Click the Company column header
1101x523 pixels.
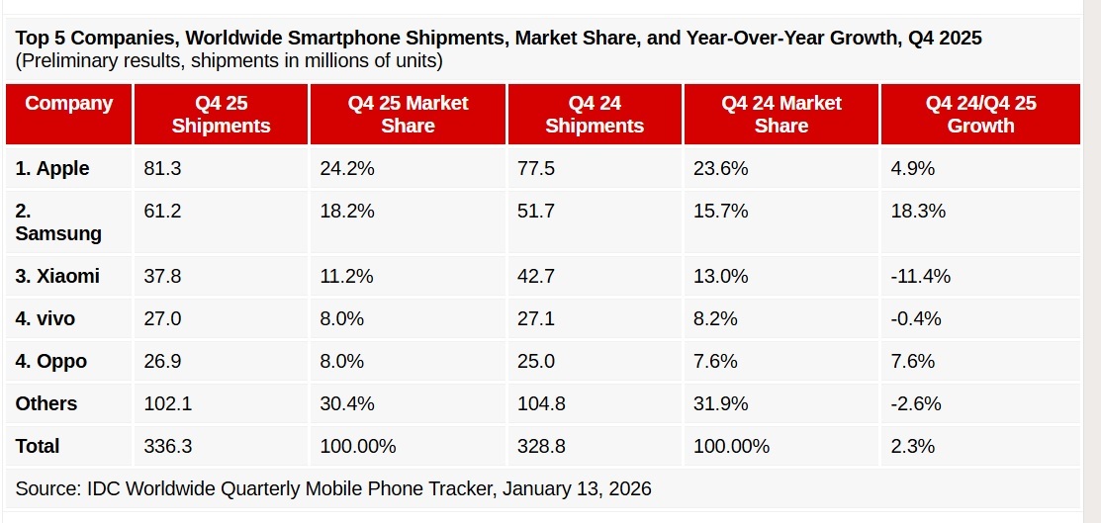pos(68,103)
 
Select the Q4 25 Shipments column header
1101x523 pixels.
pos(221,114)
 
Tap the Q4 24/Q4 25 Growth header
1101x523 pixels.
pos(980,114)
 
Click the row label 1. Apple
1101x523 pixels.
pos(52,169)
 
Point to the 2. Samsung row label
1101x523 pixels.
pos(58,222)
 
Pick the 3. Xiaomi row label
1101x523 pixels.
pos(57,276)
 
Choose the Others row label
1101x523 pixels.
pos(46,403)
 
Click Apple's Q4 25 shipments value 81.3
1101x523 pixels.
pos(162,169)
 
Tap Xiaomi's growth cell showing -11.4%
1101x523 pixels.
pos(920,276)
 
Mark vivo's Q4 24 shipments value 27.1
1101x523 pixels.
pos(536,318)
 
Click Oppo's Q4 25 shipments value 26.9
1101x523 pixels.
pos(162,361)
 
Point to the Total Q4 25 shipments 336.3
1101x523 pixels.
pos(167,446)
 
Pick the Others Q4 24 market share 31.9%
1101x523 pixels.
pos(720,403)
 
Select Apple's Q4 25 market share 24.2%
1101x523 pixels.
pos(347,169)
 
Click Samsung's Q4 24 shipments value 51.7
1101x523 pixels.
pos(536,212)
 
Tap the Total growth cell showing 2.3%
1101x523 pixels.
pos(912,446)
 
